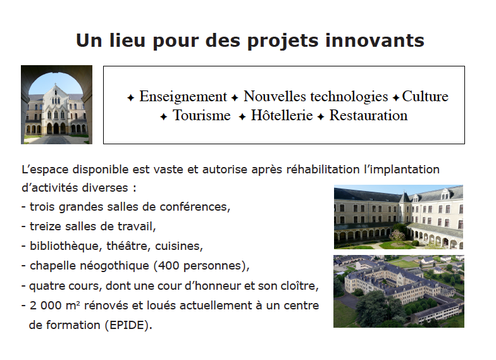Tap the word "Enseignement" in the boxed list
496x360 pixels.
point(183,97)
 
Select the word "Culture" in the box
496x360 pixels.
point(425,96)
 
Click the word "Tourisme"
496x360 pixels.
point(201,115)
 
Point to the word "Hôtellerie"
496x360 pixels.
point(282,115)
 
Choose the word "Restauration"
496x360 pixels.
point(368,115)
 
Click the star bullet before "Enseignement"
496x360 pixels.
point(130,97)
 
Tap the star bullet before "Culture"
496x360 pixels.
point(396,97)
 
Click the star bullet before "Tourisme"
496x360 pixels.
point(163,116)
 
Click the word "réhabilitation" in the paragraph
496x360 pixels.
point(323,170)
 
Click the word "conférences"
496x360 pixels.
point(195,207)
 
